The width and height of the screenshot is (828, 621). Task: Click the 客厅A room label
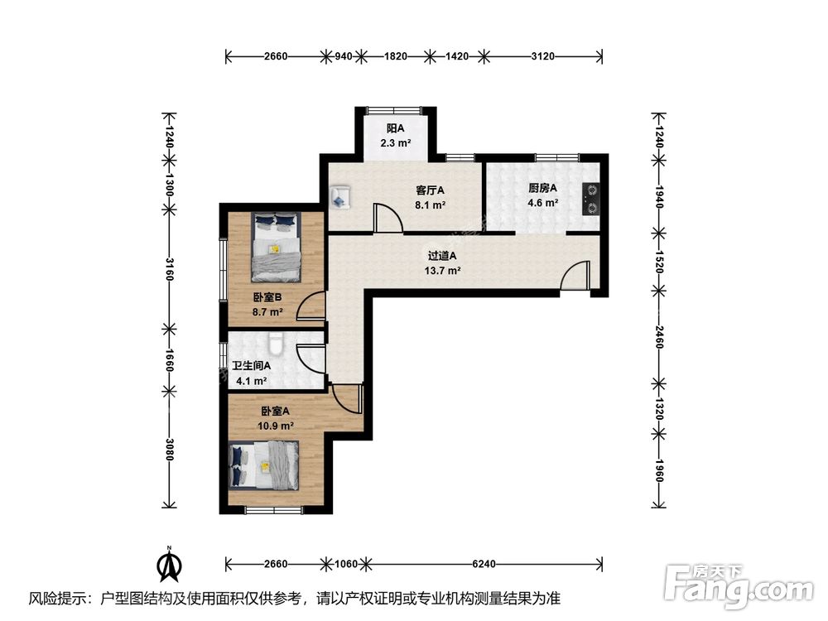pyautogui.click(x=431, y=190)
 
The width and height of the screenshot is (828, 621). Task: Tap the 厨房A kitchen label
pyautogui.click(x=543, y=187)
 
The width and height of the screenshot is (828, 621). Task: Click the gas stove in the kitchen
pyautogui.click(x=593, y=198)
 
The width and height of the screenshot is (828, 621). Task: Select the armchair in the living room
pyautogui.click(x=340, y=197)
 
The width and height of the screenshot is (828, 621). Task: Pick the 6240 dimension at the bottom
pyautogui.click(x=484, y=564)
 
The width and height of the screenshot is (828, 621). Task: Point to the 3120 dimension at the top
pyautogui.click(x=542, y=56)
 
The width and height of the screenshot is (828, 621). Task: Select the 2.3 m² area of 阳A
pyautogui.click(x=396, y=142)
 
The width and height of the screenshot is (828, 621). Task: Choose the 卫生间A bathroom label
pyautogui.click(x=252, y=367)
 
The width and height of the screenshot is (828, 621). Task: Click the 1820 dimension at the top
pyautogui.click(x=396, y=56)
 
